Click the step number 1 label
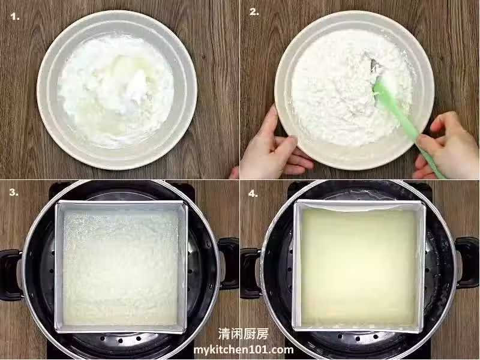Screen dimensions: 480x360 coord(15,17)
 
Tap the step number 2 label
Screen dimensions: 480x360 coord(254,12)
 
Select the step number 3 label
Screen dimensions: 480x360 coord(14,192)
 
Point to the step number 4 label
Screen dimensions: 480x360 coord(253,193)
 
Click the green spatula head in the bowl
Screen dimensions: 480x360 coord(383,91)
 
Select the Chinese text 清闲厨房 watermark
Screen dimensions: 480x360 coord(244,334)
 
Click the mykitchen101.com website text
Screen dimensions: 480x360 coord(244,350)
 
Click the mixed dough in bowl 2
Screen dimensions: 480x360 coord(352,89)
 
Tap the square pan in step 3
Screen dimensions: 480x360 coord(121,267)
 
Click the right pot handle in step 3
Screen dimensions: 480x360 coord(229,263)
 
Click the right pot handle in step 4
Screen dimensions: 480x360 coord(467,263)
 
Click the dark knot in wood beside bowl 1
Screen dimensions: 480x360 coord(203,56)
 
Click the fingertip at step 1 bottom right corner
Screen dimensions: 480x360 coord(235,173)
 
